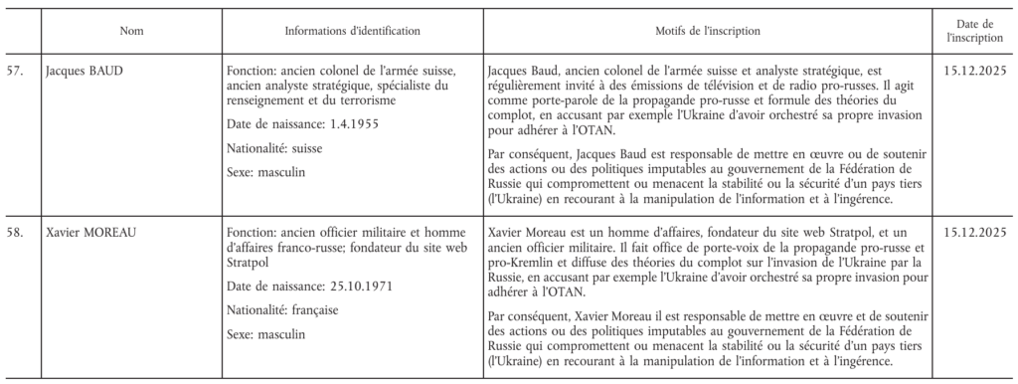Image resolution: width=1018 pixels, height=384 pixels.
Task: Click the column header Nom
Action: (130, 32)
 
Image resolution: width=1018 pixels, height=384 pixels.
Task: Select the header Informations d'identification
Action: (352, 32)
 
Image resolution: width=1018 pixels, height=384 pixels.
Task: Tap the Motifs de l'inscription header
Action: (710, 32)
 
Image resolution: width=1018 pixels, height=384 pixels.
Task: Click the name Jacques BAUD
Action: (85, 72)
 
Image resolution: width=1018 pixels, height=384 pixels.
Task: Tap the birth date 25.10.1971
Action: (353, 287)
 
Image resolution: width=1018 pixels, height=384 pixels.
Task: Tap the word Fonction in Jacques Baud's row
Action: (251, 72)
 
